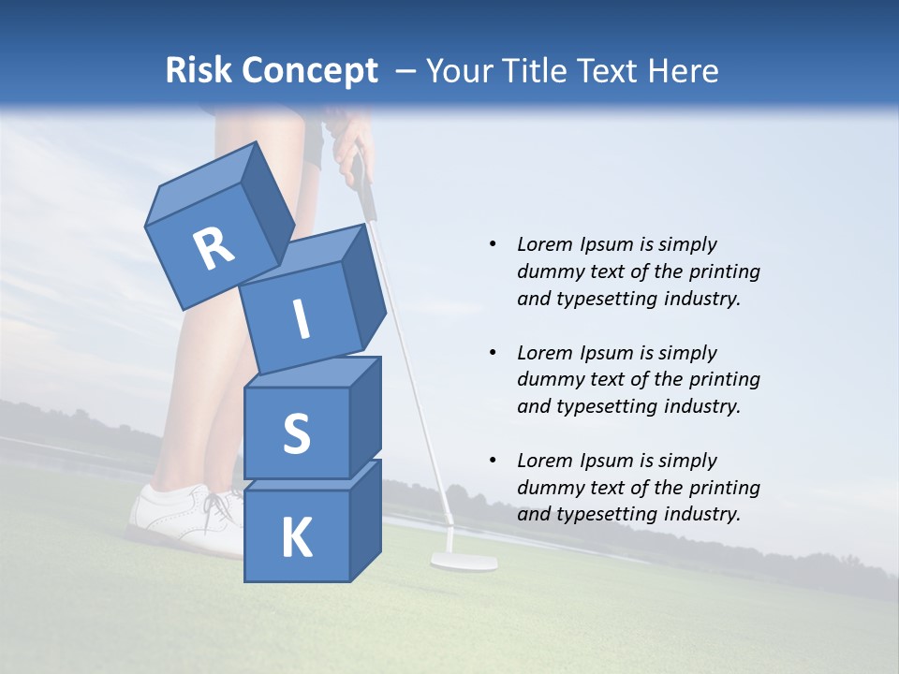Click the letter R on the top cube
tap(214, 249)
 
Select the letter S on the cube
tap(296, 433)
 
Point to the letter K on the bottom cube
tap(296, 538)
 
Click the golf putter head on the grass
tap(464, 562)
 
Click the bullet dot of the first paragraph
tap(493, 244)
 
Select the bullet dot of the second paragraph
tap(493, 353)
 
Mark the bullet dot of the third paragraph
tap(493, 461)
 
